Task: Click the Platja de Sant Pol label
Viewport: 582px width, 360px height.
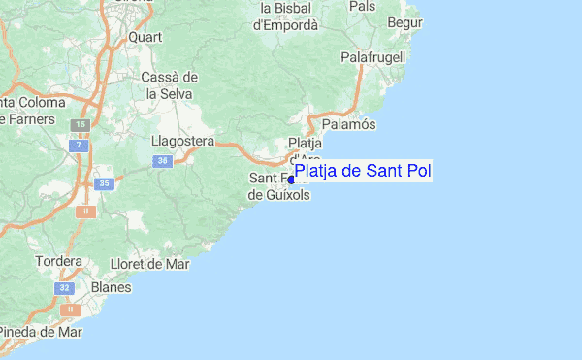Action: coord(363,172)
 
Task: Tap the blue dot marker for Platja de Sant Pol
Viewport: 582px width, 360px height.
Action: coord(291,180)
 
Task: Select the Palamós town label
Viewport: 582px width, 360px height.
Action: coord(347,124)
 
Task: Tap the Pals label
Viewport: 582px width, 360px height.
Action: coord(362,6)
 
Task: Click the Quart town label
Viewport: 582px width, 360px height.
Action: coord(145,38)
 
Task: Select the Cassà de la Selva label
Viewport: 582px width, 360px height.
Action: coord(169,85)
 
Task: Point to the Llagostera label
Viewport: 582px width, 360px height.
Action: coord(182,141)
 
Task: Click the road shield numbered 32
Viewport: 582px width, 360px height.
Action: coord(65,288)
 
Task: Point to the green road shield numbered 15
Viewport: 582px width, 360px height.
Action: coord(81,126)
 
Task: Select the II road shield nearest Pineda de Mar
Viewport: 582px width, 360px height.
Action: coord(68,311)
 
